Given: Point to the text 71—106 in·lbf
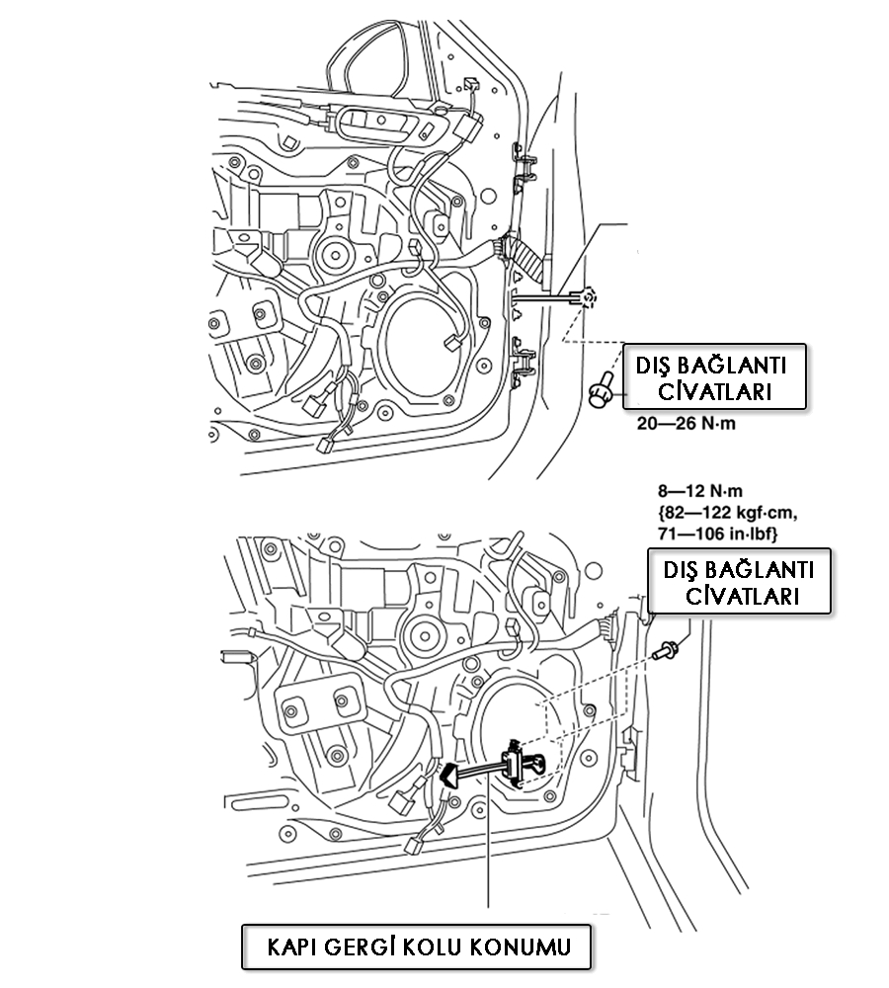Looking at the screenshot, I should (x=719, y=534).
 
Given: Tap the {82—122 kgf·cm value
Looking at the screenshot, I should (x=726, y=512).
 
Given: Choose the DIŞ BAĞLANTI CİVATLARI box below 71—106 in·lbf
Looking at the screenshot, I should (x=738, y=581).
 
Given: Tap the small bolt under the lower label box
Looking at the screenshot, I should (x=667, y=648).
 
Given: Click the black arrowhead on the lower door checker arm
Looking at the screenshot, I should (x=449, y=777).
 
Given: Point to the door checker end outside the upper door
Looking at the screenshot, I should (x=585, y=296).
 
